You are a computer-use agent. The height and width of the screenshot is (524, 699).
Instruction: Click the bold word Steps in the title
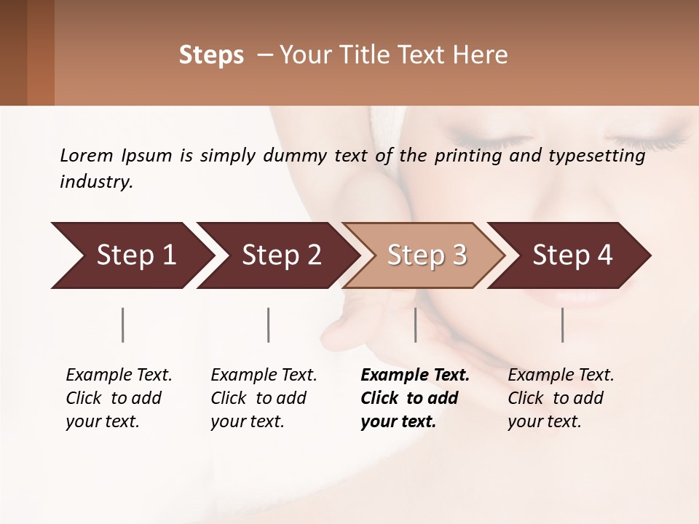point(211,55)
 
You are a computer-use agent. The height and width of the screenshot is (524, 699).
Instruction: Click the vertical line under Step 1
point(122,325)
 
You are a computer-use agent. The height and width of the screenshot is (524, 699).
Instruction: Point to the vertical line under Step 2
point(269,325)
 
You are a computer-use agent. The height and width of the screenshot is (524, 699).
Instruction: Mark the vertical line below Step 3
point(415,325)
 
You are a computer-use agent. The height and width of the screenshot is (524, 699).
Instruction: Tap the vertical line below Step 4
point(562,325)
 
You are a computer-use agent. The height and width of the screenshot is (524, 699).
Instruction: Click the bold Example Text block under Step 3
point(415,398)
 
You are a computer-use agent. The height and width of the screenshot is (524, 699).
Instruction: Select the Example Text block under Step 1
point(119,398)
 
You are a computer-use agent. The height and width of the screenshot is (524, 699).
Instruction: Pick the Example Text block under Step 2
point(264,398)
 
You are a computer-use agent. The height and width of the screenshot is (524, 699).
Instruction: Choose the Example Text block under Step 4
point(561,398)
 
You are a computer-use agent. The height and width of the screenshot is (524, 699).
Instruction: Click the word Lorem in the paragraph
point(87,156)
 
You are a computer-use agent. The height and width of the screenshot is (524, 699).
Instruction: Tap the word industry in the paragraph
point(96,182)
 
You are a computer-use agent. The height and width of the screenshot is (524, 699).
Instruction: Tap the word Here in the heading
point(481,55)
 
